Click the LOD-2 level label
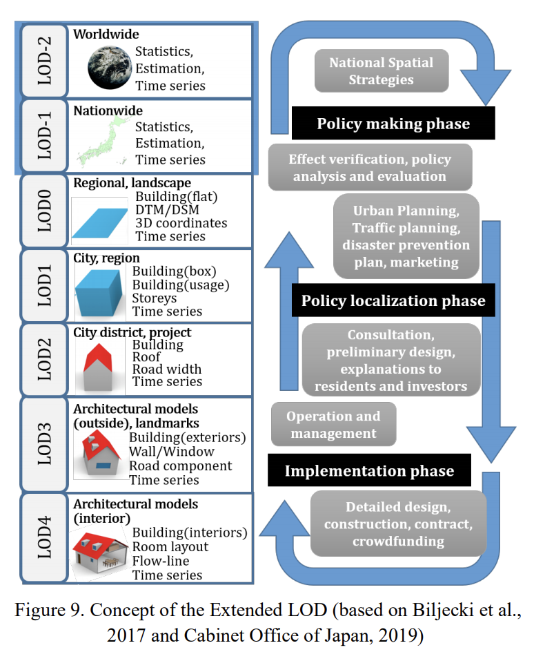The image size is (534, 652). (x=45, y=61)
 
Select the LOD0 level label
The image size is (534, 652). (x=45, y=211)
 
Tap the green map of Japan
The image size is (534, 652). (x=101, y=142)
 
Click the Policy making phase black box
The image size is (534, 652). (x=393, y=124)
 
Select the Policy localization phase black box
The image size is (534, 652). (x=393, y=301)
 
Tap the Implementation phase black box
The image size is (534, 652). (x=370, y=471)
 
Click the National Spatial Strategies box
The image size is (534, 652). (x=381, y=71)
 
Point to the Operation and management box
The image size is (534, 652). (x=333, y=425)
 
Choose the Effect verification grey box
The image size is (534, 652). (x=370, y=167)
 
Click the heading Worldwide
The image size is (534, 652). (x=106, y=34)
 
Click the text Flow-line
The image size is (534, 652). (x=161, y=561)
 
